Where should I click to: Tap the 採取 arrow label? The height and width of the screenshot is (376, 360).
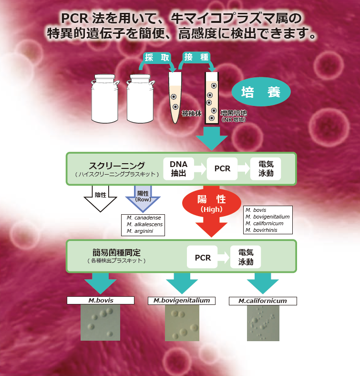(x=157, y=57)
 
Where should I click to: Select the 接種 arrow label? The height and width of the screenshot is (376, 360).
(x=196, y=57)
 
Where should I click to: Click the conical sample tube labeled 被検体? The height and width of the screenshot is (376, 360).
(x=175, y=98)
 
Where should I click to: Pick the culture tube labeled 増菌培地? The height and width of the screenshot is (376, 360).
(x=211, y=98)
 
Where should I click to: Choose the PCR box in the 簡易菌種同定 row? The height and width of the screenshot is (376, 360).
(x=203, y=258)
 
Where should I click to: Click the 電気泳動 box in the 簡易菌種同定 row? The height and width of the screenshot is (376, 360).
(x=246, y=258)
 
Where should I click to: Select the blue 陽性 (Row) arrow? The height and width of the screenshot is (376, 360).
(x=143, y=197)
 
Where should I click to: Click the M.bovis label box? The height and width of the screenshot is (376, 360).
(x=100, y=301)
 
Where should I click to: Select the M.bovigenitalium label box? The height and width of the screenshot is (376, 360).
(x=179, y=301)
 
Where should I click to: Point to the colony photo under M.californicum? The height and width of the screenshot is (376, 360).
(x=263, y=323)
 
